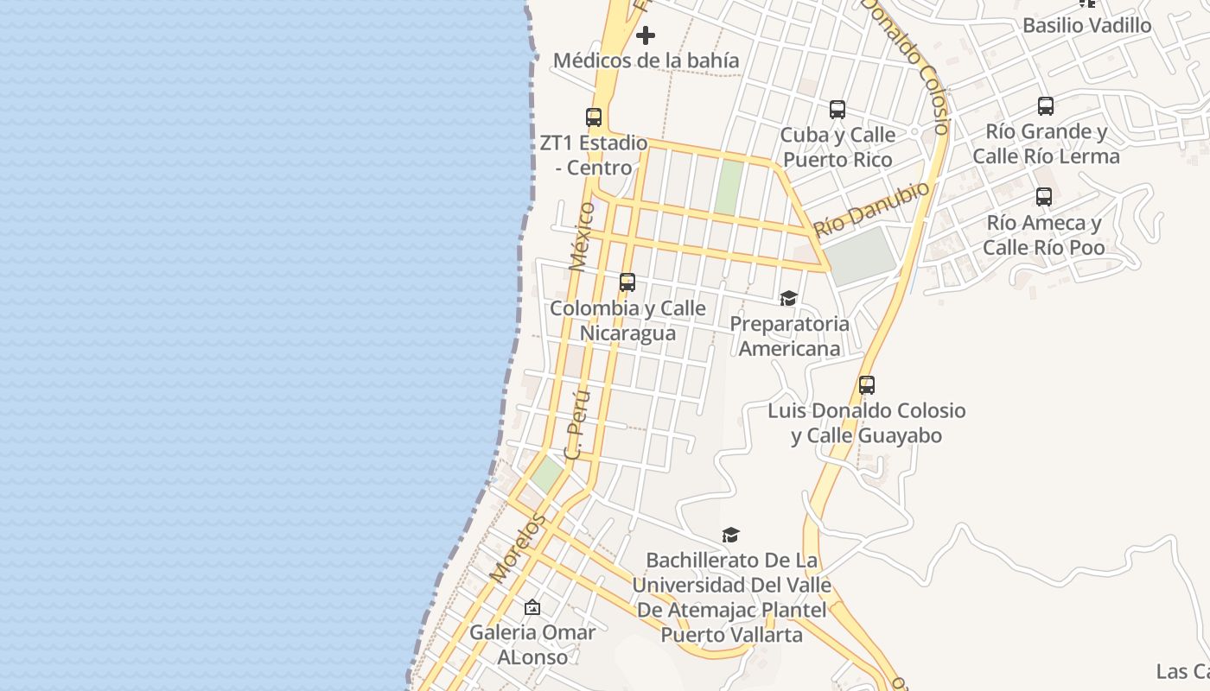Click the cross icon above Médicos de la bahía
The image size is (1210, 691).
pyautogui.click(x=645, y=35)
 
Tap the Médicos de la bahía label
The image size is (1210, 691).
pyautogui.click(x=646, y=60)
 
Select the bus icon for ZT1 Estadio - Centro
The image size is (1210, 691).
pyautogui.click(x=594, y=117)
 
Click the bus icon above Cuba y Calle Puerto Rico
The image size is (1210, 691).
pyautogui.click(x=837, y=110)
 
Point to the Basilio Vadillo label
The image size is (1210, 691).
pyautogui.click(x=1086, y=25)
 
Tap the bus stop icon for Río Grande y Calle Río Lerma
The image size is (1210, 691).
pyautogui.click(x=1046, y=106)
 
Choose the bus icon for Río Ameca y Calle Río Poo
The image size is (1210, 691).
pyautogui.click(x=1044, y=197)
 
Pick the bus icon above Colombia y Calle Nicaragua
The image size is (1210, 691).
pyautogui.click(x=627, y=282)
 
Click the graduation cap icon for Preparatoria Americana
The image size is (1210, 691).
pyautogui.click(x=788, y=299)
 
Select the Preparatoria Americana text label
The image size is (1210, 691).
pyautogui.click(x=789, y=336)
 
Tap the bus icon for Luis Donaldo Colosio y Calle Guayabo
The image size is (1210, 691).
pyautogui.click(x=867, y=385)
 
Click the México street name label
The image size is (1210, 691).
pyautogui.click(x=583, y=237)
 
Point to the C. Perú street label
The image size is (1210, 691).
pyautogui.click(x=576, y=423)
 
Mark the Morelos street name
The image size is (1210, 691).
pyautogui.click(x=518, y=547)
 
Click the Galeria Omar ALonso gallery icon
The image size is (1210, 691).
pyautogui.click(x=532, y=607)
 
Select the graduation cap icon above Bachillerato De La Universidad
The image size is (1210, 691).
pyautogui.click(x=731, y=536)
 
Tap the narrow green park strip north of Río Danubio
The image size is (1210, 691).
pyautogui.click(x=729, y=187)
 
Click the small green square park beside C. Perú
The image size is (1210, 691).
pyautogui.click(x=546, y=472)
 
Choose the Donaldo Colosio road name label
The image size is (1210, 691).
pyautogui.click(x=907, y=65)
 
